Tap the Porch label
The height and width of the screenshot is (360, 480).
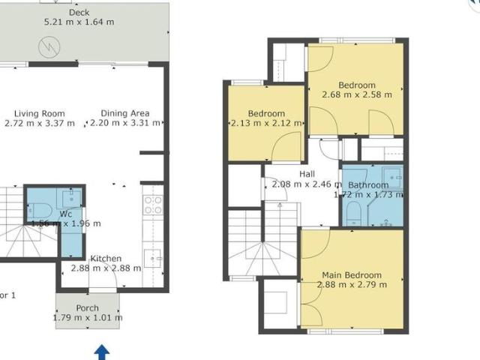pos(87,308)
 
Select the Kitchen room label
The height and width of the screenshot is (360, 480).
pos(105,259)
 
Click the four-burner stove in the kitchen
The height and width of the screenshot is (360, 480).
pos(153,205)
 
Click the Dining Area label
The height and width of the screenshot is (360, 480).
pos(124,113)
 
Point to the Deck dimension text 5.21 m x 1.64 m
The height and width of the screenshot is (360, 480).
pos(79,22)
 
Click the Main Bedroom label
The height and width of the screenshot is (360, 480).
pos(352,275)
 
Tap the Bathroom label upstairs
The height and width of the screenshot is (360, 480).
pos(368,185)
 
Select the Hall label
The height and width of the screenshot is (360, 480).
pos(307,174)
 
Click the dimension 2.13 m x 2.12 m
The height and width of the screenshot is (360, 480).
pos(266,124)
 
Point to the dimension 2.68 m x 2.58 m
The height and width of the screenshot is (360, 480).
pos(356,95)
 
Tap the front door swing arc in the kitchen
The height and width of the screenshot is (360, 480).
pos(102,281)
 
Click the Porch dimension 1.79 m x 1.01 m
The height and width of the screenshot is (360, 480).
pos(88,318)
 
